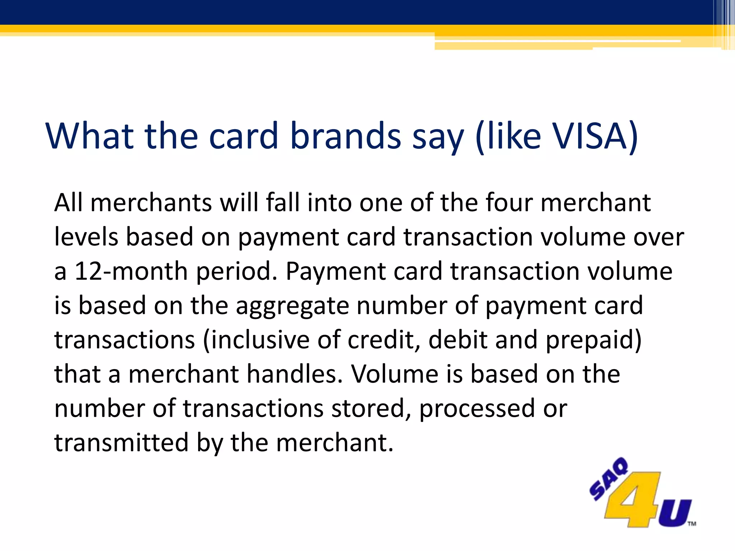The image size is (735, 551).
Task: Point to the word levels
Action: click(x=86, y=237)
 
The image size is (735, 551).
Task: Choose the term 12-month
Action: click(x=131, y=271)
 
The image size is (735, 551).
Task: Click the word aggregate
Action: click(x=292, y=306)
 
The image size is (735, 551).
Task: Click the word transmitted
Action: click(x=121, y=443)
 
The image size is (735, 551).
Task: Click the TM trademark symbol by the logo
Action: click(x=692, y=524)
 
